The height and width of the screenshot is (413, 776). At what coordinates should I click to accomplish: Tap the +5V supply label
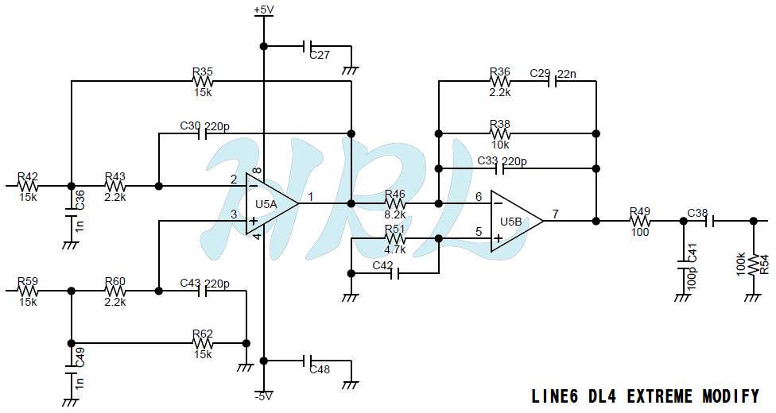click(264, 10)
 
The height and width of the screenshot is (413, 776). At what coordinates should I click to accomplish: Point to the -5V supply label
click(264, 396)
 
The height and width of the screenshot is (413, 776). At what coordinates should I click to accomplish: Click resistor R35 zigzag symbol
click(203, 81)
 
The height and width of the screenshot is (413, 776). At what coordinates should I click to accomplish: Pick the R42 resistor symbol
click(28, 186)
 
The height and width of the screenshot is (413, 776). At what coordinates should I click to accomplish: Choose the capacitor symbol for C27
click(307, 47)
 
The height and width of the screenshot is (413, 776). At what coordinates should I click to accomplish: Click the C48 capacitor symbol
click(307, 361)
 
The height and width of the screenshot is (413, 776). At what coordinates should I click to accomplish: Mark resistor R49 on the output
click(640, 221)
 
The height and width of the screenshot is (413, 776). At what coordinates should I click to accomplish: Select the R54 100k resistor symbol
click(753, 264)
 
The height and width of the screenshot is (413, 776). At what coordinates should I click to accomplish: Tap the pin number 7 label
click(556, 214)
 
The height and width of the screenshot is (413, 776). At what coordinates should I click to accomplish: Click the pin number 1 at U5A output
click(311, 197)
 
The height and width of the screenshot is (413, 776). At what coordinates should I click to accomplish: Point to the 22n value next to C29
click(567, 74)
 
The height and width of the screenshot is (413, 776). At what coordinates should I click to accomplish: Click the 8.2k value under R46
click(395, 214)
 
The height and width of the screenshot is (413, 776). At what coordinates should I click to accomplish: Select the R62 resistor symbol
click(203, 343)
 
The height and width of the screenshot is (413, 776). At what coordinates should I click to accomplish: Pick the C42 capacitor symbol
click(395, 273)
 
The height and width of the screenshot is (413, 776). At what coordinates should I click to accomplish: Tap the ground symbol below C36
click(71, 245)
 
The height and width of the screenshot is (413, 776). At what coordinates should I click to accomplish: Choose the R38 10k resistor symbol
click(500, 133)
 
